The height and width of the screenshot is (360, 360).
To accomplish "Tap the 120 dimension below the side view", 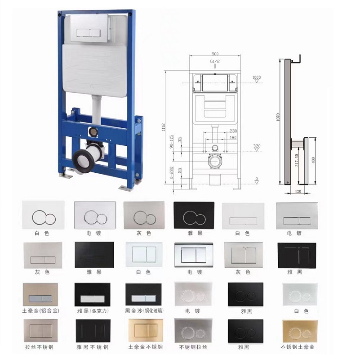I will [297, 192].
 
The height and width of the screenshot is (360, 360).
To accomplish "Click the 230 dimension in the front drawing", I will [233, 131].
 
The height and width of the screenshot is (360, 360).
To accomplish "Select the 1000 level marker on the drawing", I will [256, 78].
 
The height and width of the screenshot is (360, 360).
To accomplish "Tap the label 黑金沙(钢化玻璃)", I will [143, 310].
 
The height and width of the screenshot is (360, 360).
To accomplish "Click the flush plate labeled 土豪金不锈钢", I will [143, 331].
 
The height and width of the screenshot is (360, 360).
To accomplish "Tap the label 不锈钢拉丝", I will [194, 347].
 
